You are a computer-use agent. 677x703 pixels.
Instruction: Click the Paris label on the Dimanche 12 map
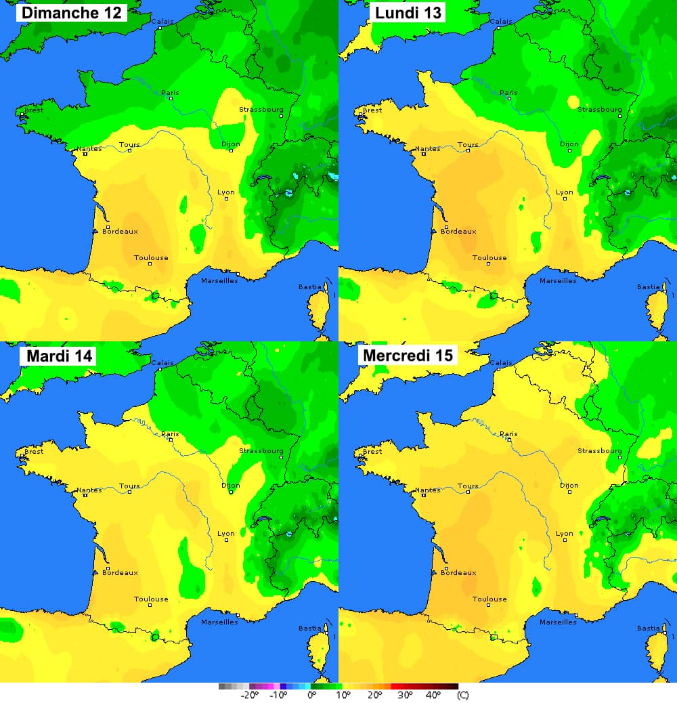169,92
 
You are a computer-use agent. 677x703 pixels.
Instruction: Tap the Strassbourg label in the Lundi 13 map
599,109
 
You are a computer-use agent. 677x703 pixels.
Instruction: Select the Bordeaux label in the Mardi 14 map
120,572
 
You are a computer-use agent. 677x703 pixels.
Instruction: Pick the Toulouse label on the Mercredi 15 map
489,599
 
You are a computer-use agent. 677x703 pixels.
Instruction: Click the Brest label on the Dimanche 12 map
33,110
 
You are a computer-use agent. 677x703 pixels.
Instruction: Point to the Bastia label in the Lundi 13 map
648,286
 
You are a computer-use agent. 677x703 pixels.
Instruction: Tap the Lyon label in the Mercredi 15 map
565,533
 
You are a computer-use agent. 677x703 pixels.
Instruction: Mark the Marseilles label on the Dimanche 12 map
220,280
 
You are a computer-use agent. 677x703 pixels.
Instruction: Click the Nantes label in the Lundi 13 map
427,148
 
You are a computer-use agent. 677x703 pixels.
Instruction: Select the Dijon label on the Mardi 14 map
231,485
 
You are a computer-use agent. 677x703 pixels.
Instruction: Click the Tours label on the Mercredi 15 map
468,486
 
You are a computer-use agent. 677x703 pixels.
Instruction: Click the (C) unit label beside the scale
463,695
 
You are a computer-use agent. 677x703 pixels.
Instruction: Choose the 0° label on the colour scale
312,695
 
